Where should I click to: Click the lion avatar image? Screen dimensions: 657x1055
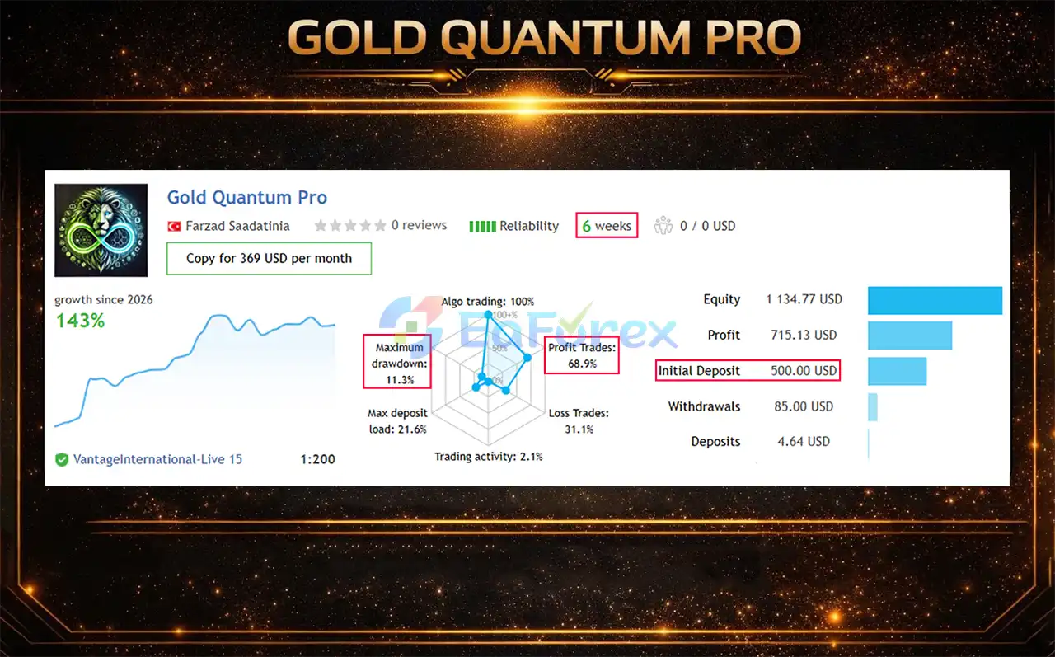point(101,230)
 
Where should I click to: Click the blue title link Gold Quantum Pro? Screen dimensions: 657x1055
point(246,198)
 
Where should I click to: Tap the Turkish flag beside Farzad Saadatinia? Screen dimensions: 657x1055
point(174,226)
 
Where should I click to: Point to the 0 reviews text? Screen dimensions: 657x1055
point(419,225)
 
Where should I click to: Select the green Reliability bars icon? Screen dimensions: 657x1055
point(482,226)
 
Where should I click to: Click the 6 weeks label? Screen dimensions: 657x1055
point(607,226)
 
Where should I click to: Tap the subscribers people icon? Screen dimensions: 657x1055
point(663,226)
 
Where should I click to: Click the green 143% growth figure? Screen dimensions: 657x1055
point(80,321)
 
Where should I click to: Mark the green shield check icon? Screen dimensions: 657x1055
point(62,460)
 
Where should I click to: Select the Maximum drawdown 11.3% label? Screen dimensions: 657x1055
point(399,364)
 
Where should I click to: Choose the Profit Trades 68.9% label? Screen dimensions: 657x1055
point(582,355)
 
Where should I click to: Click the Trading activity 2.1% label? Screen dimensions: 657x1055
point(488,457)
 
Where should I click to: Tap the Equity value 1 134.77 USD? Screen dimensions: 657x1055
point(804,299)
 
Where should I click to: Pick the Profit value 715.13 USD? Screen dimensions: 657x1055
point(802,335)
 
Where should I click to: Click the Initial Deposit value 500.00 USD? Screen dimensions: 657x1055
point(804,371)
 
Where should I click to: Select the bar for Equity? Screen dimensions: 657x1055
point(935,300)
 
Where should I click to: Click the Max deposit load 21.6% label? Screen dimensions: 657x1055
point(397,421)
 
